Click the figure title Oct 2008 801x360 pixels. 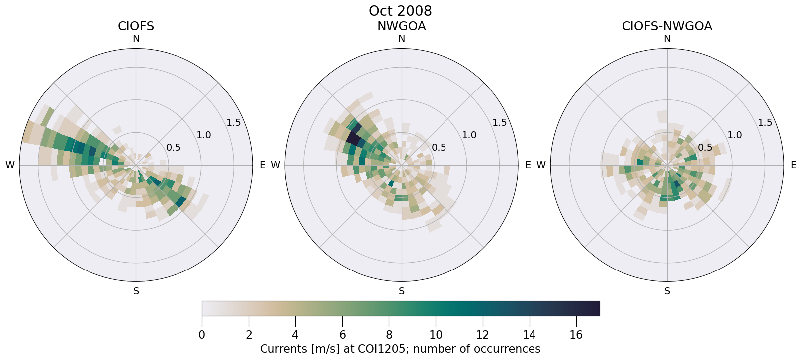(400, 11)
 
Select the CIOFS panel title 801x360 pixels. (136, 26)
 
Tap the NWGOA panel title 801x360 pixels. (401, 26)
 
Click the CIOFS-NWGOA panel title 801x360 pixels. (667, 26)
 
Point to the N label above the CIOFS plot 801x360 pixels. (136, 39)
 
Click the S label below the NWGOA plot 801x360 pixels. (402, 291)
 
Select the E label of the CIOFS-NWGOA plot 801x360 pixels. (793, 165)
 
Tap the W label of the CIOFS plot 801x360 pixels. (10, 165)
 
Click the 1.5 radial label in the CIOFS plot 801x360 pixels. (234, 123)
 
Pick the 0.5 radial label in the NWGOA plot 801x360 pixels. (439, 148)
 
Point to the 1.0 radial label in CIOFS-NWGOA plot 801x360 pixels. (735, 135)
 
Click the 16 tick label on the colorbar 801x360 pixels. (576, 335)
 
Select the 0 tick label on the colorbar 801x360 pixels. (202, 335)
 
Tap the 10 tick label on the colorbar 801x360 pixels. (436, 335)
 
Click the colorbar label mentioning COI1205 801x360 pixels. (400, 349)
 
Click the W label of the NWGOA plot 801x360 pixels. (275, 165)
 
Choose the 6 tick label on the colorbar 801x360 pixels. (342, 335)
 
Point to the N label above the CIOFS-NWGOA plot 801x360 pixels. (667, 39)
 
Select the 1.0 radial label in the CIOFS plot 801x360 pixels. (204, 135)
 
